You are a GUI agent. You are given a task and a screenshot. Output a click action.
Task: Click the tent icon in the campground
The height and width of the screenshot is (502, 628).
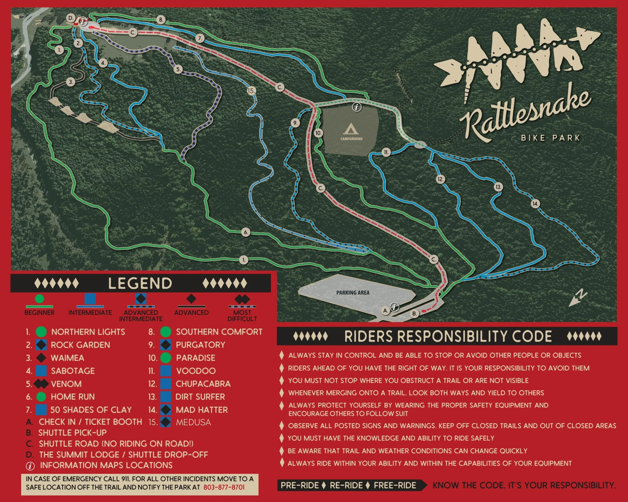pos(351,129)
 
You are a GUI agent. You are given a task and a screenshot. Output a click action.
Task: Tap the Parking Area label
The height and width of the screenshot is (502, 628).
pos(353,292)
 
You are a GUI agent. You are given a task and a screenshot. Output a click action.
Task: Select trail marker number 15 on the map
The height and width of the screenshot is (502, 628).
pos(251,91)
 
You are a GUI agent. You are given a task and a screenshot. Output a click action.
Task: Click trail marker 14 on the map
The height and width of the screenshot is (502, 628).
pos(535,204)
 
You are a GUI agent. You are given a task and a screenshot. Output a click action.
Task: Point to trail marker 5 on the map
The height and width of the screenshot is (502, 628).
pos(178,70)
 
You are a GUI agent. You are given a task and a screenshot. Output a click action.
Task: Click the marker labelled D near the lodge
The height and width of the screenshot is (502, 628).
pos(70,18)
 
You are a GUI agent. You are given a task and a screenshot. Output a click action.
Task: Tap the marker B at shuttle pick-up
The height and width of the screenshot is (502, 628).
pos(415,314)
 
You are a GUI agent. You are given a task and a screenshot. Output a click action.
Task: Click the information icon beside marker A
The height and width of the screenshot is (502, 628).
pos(395,306)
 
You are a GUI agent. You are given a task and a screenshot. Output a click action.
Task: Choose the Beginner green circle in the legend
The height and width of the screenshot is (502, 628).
pos(39,299)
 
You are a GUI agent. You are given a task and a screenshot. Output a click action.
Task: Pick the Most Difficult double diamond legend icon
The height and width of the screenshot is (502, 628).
pos(242,299)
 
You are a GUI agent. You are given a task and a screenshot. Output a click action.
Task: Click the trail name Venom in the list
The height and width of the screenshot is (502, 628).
pos(66,384)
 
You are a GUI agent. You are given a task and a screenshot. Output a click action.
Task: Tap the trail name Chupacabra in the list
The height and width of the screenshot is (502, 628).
pos(203,384)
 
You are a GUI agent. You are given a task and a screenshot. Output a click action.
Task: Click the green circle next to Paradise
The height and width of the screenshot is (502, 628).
pos(166,358)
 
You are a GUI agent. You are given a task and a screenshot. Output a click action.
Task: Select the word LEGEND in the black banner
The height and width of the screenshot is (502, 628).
pos(140,283)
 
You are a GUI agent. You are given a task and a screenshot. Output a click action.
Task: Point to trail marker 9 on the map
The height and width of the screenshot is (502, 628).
pos(295,123)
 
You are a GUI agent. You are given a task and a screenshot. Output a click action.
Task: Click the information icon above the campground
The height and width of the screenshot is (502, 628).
pos(357,107)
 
